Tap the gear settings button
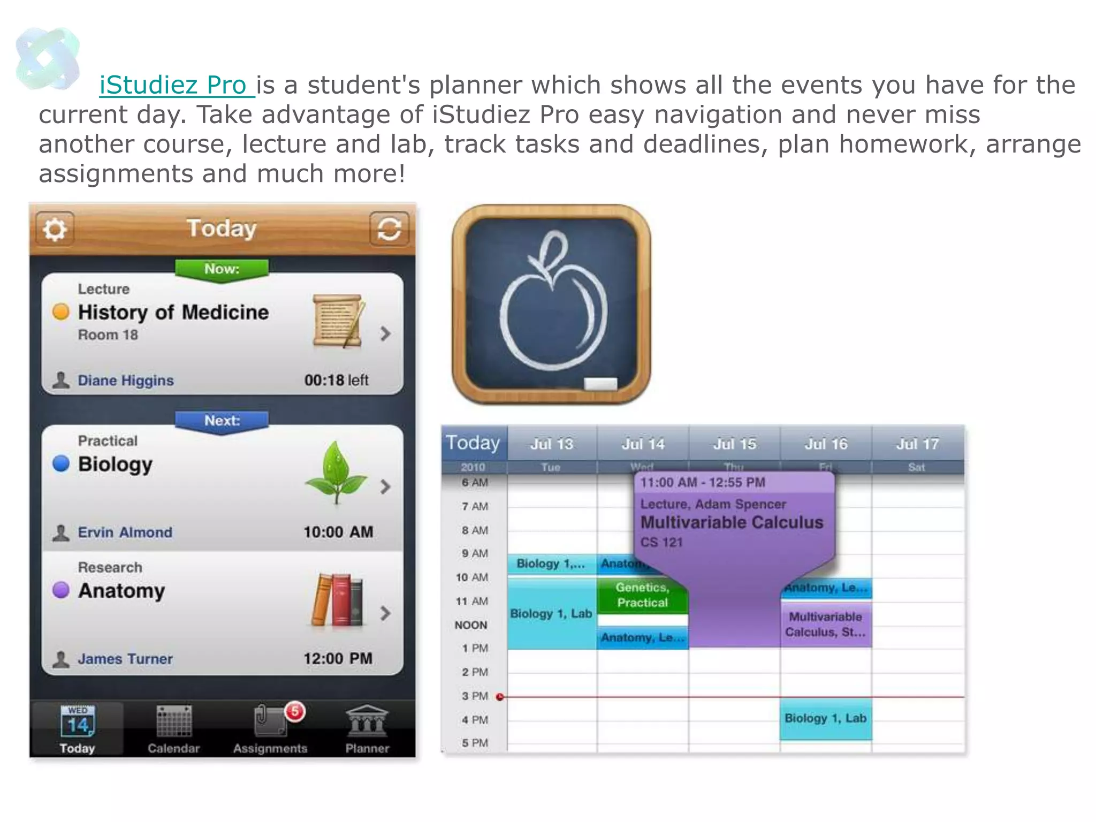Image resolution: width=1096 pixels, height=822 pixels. pos(55,229)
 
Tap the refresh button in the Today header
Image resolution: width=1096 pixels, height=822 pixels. pos(389,229)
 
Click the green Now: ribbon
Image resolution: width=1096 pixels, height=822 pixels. pos(222,269)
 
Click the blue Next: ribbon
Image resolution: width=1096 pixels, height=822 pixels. pos(222,421)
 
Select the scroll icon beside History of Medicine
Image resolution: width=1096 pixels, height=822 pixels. pos(338,321)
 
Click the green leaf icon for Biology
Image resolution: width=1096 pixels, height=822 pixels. pos(336,471)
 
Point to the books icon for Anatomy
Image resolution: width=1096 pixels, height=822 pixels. pos(337,600)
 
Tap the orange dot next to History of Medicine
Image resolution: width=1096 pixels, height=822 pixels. pos(61,311)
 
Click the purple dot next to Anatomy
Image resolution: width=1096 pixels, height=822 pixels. pos(61,590)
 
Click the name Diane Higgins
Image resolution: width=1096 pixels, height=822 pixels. pos(126,380)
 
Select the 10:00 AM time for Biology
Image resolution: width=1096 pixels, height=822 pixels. pos(338,532)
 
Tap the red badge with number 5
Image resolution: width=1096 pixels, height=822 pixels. pos(294,712)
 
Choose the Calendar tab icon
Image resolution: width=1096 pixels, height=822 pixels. pos(173,721)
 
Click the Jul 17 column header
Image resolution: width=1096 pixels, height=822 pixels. pos(917,444)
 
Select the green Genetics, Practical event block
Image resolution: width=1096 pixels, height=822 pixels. pos(642,595)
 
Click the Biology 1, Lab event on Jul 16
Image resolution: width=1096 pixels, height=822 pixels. pos(825,719)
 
